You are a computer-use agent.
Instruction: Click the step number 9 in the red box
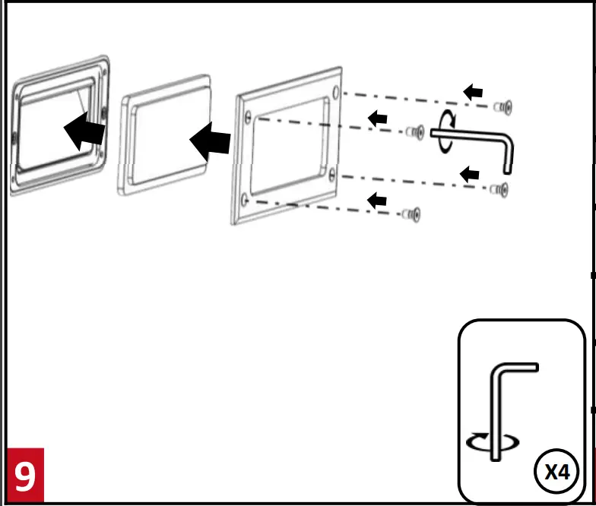(24, 476)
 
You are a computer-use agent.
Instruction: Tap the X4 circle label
(558, 472)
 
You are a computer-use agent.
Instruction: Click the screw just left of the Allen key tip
(414, 132)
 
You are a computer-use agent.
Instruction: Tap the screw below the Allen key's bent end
(501, 188)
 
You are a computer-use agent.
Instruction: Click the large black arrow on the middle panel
(210, 141)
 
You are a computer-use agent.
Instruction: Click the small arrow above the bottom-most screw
(377, 200)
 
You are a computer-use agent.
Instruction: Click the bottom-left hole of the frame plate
(244, 200)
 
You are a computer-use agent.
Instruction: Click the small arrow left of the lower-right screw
(471, 175)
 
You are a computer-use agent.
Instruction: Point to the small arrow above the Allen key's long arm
(377, 118)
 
